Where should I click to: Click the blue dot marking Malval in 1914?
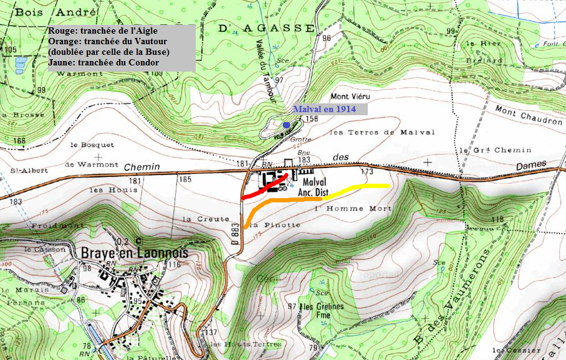click(286, 125)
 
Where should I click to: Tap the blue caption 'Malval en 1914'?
click(324, 108)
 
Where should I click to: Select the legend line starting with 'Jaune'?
click(103, 62)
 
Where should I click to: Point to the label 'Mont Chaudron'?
click(528, 116)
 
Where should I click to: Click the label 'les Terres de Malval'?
click(371, 132)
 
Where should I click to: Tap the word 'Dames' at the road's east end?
click(530, 164)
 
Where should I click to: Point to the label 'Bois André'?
click(56, 12)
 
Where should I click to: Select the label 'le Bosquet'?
click(92, 144)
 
